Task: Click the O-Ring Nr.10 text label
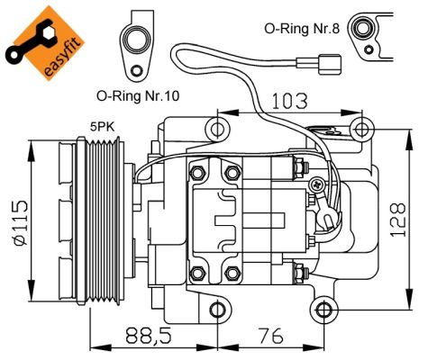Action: point(138,94)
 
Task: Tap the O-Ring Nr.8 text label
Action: point(302,28)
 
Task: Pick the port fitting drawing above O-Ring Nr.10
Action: point(139,44)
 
